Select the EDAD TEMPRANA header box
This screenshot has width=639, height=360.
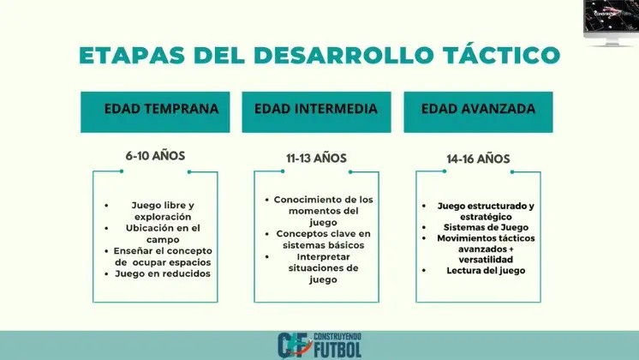pyautogui.click(x=155, y=112)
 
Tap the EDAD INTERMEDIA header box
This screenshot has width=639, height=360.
pyautogui.click(x=316, y=112)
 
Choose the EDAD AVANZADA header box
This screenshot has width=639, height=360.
pyautogui.click(x=479, y=112)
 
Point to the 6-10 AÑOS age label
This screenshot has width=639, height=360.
pyautogui.click(x=155, y=156)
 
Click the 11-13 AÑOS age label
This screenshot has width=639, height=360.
pyautogui.click(x=316, y=159)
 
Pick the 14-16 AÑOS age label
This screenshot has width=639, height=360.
pyautogui.click(x=478, y=159)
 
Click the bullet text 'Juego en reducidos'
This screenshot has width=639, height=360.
pyautogui.click(x=163, y=273)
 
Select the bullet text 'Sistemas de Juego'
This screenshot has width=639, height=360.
pyautogui.click(x=486, y=227)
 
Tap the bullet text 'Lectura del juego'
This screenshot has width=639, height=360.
pyautogui.click(x=486, y=271)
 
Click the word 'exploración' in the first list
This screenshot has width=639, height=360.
pyautogui.click(x=163, y=217)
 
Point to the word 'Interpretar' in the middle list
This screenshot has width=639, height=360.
pyautogui.click(x=323, y=257)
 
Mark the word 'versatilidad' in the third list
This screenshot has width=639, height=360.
pyautogui.click(x=486, y=260)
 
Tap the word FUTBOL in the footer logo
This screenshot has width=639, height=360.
pyautogui.click(x=337, y=350)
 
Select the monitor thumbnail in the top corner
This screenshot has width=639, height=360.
pyautogui.click(x=611, y=22)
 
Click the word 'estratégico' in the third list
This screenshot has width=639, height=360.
pyautogui.click(x=486, y=217)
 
